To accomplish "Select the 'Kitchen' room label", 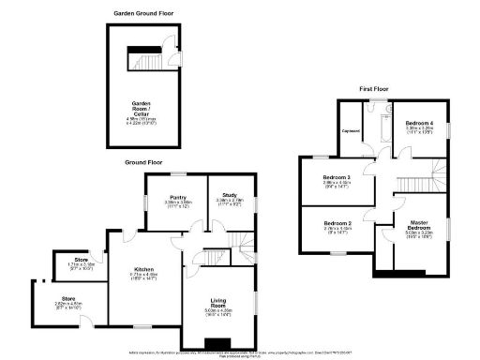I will point(142,272).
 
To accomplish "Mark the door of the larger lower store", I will point(86,322).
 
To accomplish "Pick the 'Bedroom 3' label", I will point(337,177).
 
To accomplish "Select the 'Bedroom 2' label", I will point(337,224).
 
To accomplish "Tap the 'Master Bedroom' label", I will point(418,227).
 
